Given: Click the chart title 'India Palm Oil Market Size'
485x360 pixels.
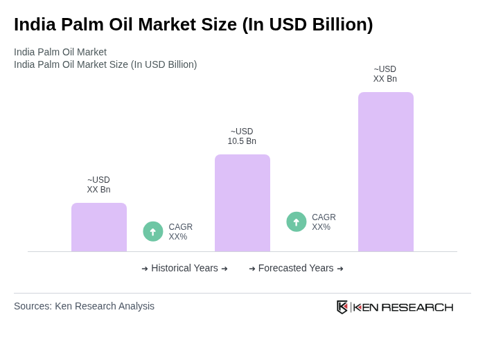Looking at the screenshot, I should click(193, 24).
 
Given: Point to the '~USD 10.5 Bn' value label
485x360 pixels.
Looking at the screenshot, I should click(242, 136).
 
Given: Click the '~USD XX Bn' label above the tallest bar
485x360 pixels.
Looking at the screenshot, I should click(385, 74).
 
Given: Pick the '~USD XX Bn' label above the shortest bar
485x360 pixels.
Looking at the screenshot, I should click(98, 185).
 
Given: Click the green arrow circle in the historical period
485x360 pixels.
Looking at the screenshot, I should click(153, 231).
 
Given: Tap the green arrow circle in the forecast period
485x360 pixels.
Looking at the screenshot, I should click(297, 222).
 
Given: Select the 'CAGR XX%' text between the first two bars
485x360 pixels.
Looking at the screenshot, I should click(180, 232).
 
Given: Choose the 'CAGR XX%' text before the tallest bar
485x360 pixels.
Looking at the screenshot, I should click(324, 222).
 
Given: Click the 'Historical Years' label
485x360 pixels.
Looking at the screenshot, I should click(184, 268).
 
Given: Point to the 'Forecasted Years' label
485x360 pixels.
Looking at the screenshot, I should click(296, 268).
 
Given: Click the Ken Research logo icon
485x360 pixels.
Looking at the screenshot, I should click(342, 307).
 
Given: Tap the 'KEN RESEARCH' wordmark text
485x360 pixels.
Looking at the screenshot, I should click(403, 307).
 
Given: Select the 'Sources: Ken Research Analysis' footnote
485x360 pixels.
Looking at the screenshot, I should click(84, 306).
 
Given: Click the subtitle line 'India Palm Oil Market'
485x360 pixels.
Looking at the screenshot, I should click(60, 52).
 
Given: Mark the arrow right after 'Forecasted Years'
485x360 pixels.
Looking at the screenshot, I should click(340, 269).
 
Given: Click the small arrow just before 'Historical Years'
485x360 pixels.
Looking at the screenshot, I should click(145, 269).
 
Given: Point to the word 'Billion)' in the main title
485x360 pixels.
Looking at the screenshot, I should click(342, 24).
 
